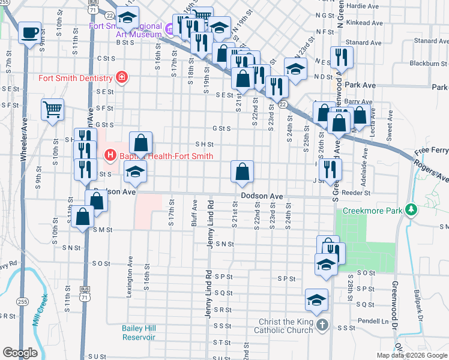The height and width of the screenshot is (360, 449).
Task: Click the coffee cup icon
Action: (29, 33)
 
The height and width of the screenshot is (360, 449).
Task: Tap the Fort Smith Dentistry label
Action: (76, 78)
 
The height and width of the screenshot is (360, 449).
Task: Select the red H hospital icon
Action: (110, 155)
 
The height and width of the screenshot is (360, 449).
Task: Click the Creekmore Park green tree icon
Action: (411, 211)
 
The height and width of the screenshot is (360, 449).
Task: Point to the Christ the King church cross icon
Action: (322, 325)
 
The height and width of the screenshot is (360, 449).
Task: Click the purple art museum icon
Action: (170, 28)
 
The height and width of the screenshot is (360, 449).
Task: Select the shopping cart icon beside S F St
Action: (53, 109)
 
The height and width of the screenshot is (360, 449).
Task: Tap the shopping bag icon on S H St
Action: (140, 143)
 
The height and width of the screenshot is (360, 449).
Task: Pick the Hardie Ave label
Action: (363, 6)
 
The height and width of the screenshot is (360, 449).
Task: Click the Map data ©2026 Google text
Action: (411, 355)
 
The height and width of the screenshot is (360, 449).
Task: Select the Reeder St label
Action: (358, 193)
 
